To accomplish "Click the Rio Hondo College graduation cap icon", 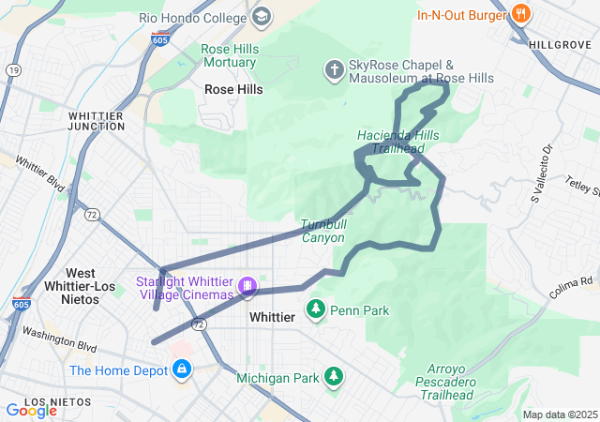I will (262, 16).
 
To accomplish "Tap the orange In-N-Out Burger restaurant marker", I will (522, 14).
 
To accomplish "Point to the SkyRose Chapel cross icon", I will (333, 69).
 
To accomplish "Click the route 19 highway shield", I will (13, 69).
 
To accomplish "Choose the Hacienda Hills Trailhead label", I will (397, 142).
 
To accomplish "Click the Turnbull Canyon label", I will (323, 232).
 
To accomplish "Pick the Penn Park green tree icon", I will (317, 309).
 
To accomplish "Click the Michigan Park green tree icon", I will (333, 377).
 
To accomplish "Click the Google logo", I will (30, 410).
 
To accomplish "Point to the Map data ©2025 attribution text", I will (559, 414).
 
